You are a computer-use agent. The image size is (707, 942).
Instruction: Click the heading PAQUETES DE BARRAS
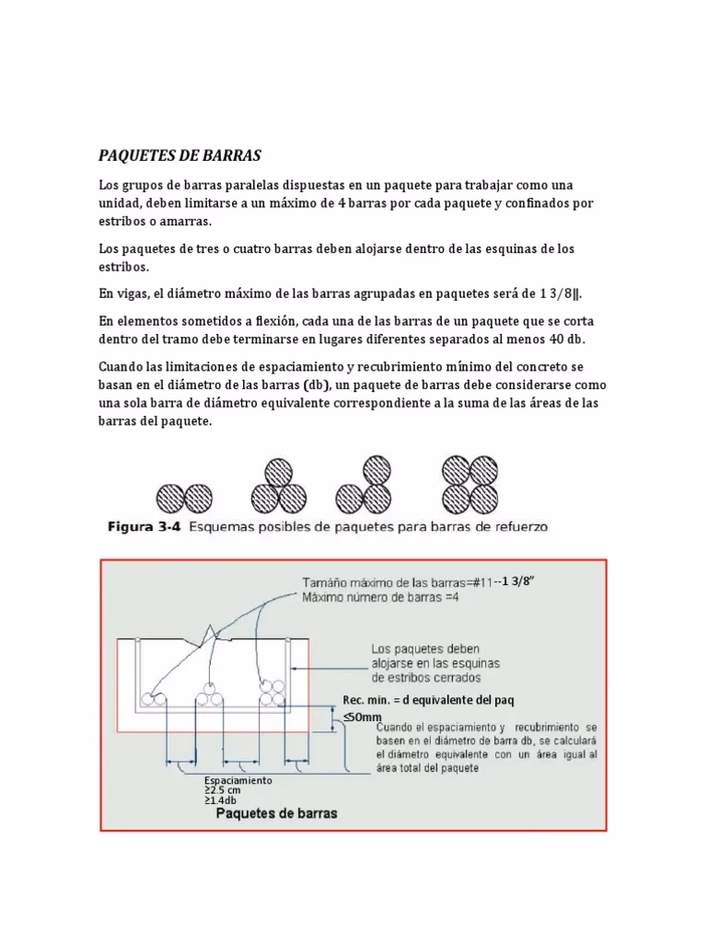click(180, 155)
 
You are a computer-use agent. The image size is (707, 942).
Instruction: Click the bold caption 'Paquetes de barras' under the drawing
click(276, 813)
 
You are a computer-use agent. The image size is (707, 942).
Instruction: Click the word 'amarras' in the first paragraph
click(183, 222)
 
